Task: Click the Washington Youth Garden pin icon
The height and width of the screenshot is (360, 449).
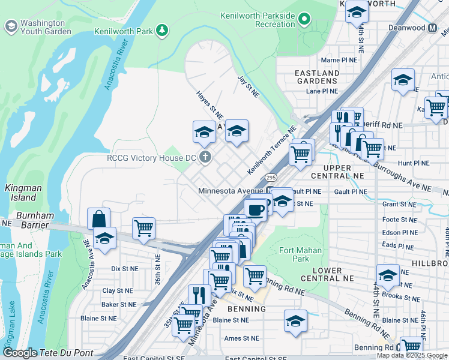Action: (11, 26)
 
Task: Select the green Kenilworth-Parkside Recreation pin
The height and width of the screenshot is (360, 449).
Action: (305, 19)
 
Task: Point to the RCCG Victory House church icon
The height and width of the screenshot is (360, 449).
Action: (205, 158)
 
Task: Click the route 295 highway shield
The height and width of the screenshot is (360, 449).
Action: (270, 178)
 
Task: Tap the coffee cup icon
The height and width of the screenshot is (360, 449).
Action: (256, 210)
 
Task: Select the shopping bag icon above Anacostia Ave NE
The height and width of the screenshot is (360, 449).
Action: (98, 218)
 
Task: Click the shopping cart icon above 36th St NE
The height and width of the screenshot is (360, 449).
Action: (144, 229)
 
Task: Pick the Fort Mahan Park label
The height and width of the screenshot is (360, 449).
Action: (301, 254)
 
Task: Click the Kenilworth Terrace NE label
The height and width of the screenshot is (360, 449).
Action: (272, 151)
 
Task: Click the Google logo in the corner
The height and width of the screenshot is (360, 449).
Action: (20, 353)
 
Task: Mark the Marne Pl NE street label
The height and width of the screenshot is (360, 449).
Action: (339, 60)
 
